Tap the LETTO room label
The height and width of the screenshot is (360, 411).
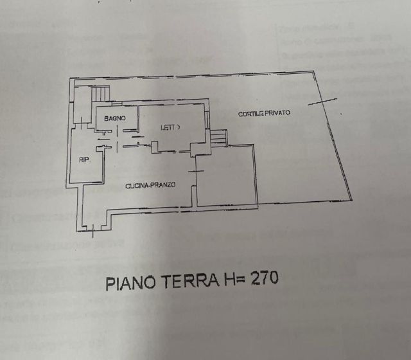171,128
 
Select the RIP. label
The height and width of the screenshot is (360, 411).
83,159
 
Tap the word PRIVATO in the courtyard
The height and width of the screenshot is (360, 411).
277,113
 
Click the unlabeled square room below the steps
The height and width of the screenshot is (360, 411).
226,177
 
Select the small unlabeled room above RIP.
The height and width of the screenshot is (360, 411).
82,105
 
